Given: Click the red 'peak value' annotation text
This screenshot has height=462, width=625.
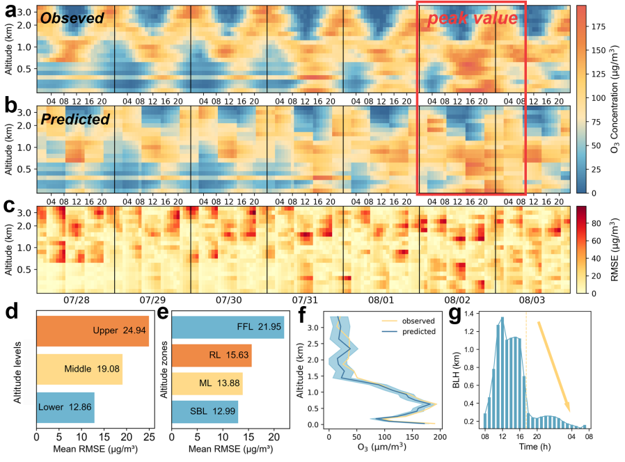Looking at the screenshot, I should tap(472, 19).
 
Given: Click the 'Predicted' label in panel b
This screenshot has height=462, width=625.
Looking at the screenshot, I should tap(75, 119).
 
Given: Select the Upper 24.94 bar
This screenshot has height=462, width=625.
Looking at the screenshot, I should tap(92, 331).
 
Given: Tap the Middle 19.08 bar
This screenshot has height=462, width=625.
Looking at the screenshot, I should tap(79, 369).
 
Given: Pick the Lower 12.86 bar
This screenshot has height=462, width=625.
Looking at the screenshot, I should tap(65, 406).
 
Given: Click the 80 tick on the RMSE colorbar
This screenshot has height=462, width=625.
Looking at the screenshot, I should tap(598, 222).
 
